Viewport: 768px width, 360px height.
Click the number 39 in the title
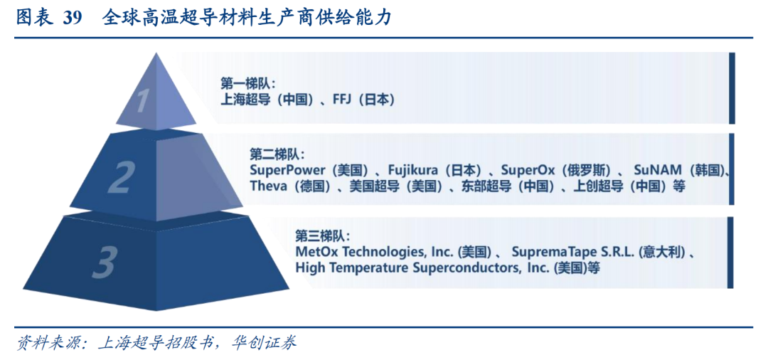[x=72, y=18]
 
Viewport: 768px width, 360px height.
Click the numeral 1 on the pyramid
[x=142, y=100]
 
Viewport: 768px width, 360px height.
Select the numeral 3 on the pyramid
[x=104, y=261]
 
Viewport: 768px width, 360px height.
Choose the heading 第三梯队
[x=320, y=235]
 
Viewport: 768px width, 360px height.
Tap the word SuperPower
[x=287, y=171]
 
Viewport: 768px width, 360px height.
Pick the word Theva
[x=268, y=186]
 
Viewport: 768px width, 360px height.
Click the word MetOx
[x=314, y=253]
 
